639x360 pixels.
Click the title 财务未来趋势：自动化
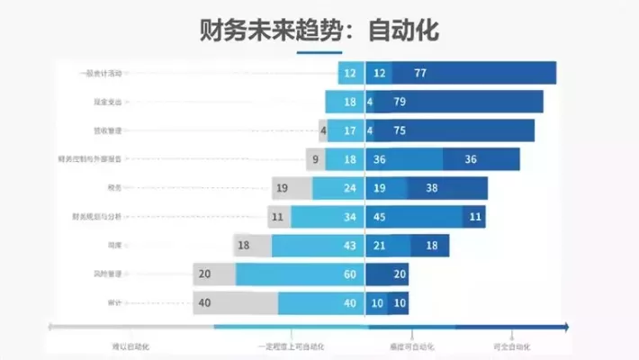tap(319, 30)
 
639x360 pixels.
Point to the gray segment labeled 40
tap(234, 303)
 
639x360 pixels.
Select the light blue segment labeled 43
tap(318, 246)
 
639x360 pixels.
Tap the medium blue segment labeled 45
tap(414, 217)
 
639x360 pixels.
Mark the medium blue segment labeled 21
tap(388, 246)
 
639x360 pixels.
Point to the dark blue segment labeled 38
tap(447, 188)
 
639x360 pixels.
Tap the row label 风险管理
tap(106, 274)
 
